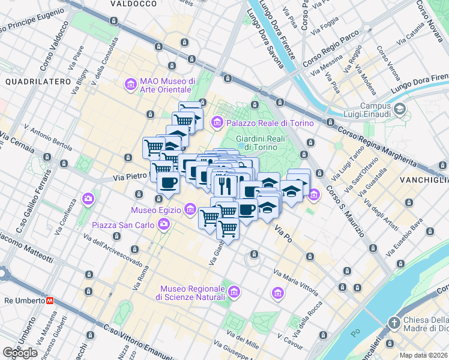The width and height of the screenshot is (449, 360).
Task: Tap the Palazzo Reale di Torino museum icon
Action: [x=217, y=123]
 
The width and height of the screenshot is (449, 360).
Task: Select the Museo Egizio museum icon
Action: [x=190, y=209]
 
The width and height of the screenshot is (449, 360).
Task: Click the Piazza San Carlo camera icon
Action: [x=164, y=224]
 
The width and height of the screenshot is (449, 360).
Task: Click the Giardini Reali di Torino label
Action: [x=260, y=143]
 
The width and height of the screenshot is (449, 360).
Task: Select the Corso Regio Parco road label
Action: [x=327, y=55]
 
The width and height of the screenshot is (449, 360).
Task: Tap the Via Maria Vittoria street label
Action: [x=295, y=283]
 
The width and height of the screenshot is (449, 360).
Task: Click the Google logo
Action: [x=20, y=353]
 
